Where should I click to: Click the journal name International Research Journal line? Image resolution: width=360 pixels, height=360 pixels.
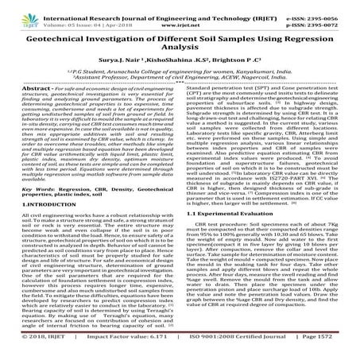pyautogui.click(x=180, y=7)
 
